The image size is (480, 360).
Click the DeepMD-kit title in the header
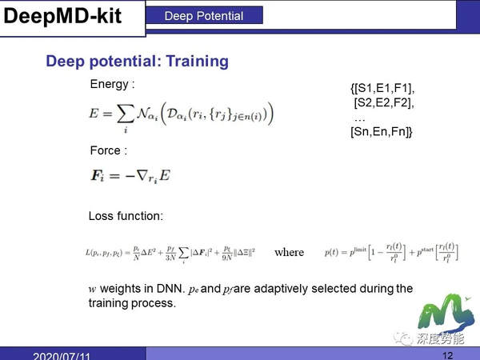point(63,16)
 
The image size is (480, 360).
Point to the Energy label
point(111,83)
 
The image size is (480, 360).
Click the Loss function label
point(126,215)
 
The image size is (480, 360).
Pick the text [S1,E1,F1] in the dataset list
point(382,88)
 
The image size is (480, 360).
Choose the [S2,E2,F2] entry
point(383,102)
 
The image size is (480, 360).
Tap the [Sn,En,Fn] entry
point(382,132)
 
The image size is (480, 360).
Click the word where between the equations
point(289,252)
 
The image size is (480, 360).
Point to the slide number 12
point(447,354)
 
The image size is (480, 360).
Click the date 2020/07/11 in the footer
point(62,354)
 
